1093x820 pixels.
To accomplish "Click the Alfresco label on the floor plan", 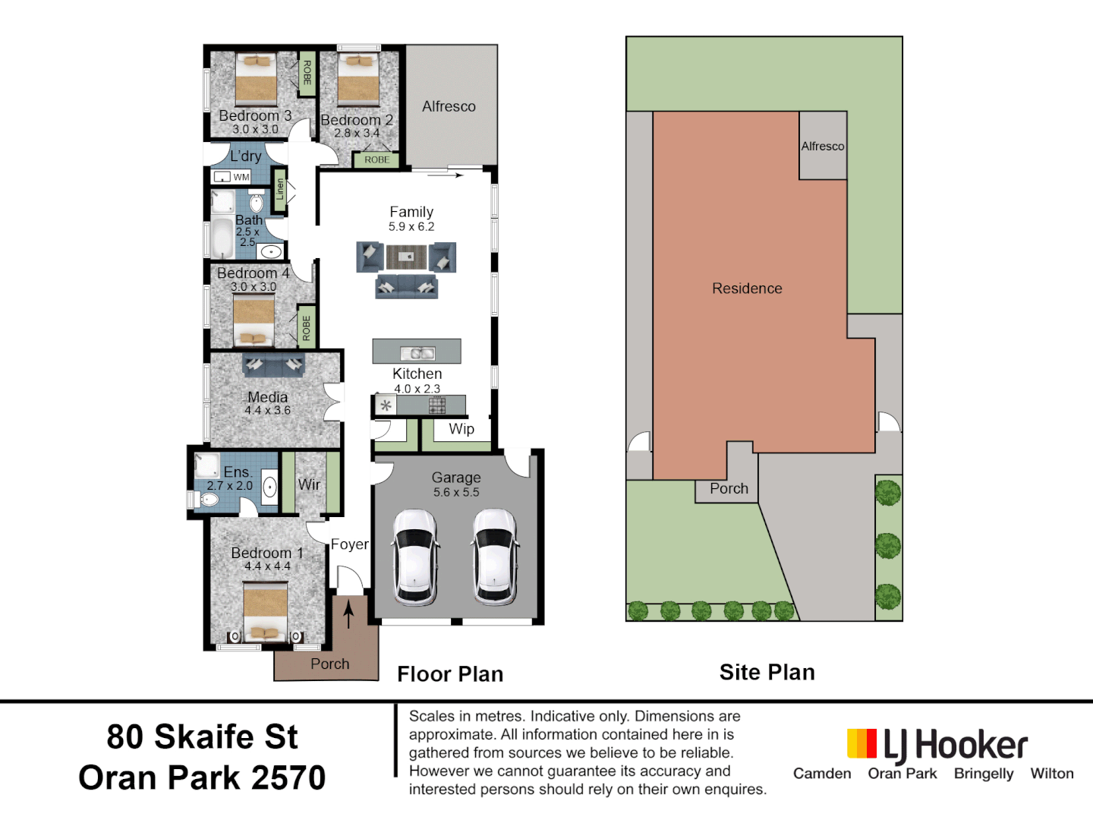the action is coord(449,106).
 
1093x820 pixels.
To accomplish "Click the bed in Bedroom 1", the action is coord(266,611).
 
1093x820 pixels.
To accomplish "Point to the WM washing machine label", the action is coord(241,177).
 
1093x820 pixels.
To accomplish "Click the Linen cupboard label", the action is coord(279,189).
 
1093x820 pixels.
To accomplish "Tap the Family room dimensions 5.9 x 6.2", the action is coord(411,226).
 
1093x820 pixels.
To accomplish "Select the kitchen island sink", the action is coord(417,352).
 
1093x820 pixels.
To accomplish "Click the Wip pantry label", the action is coord(461,429).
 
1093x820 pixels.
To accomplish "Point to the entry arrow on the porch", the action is coord(348,613).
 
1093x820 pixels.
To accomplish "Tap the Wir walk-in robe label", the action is coord(309,484).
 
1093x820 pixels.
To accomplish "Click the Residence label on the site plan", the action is coord(747,289).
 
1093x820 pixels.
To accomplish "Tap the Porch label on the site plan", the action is coord(729,489).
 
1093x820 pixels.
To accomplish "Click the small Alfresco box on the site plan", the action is coord(823,147).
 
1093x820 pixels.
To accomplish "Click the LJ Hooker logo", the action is coord(937,746).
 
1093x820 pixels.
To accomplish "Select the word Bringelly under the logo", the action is coord(984,774).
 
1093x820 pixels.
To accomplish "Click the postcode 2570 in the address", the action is coord(288,777).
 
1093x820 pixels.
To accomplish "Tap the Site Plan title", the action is coord(767,672).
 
